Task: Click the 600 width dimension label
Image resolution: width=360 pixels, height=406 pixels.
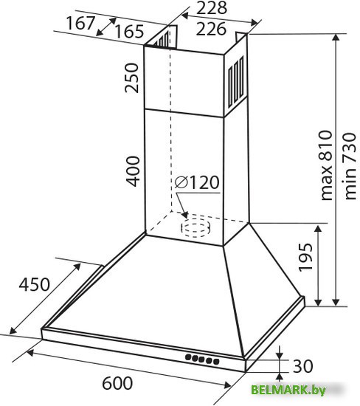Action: tap(117, 383)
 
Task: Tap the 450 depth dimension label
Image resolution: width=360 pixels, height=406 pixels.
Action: tap(34, 284)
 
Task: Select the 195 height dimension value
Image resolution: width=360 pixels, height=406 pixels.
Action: tap(305, 258)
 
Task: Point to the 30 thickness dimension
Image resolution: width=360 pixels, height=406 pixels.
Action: tap(302, 366)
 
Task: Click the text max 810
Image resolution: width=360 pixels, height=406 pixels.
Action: tap(326, 165)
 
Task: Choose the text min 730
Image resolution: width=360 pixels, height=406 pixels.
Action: tap(350, 166)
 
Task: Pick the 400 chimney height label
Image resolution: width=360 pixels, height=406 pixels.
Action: tap(133, 171)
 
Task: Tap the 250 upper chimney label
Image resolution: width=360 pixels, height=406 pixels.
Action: tap(132, 78)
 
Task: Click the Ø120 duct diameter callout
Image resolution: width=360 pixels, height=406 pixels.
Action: tap(197, 182)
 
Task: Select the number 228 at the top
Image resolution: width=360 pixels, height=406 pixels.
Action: tap(212, 8)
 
